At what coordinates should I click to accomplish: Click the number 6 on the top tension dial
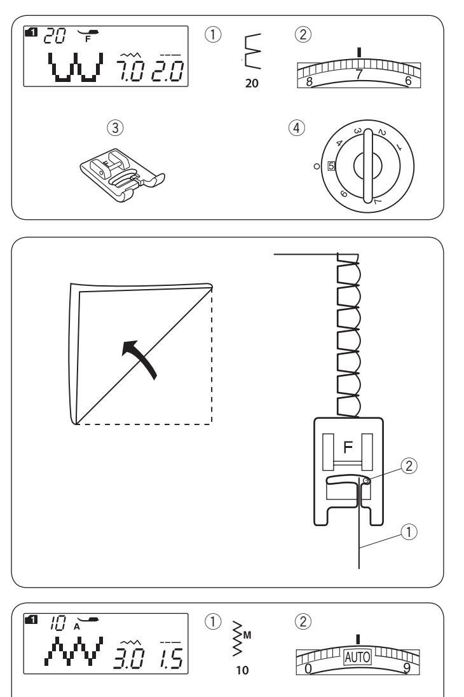[x=407, y=81]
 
